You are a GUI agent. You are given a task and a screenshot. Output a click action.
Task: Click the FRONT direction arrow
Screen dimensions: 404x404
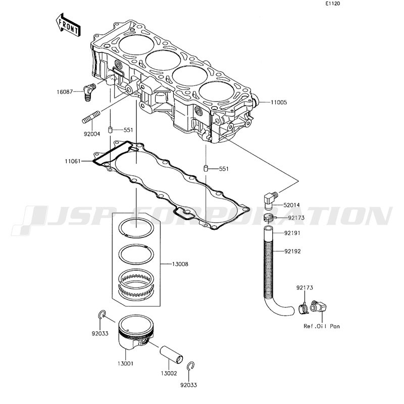click(68, 25)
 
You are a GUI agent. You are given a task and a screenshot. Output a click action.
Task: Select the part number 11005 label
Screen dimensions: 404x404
click(279, 103)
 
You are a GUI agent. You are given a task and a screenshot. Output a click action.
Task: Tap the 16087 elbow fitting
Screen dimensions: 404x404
click(89, 92)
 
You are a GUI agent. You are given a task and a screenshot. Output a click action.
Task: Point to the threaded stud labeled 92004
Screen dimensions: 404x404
click(91, 117)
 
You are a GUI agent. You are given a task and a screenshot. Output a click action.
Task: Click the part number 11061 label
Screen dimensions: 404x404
click(73, 161)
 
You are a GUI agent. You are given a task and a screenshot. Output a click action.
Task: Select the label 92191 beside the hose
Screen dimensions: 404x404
click(292, 233)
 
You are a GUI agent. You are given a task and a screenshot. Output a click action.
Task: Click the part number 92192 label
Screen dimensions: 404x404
click(292, 251)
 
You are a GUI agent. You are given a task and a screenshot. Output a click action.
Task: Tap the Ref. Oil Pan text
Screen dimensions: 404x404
click(322, 326)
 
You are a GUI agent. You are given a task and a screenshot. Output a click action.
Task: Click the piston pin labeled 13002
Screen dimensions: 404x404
click(171, 355)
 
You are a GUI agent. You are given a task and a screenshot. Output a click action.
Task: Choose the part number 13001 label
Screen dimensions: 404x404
click(125, 364)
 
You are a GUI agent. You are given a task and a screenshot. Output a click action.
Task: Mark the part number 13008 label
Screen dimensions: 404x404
click(180, 264)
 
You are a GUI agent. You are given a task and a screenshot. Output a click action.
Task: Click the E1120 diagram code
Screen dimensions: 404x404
click(332, 4)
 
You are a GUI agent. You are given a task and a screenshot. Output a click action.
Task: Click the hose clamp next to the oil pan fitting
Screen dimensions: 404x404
click(304, 309)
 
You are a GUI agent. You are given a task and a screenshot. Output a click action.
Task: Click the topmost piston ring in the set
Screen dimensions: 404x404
click(137, 228)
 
